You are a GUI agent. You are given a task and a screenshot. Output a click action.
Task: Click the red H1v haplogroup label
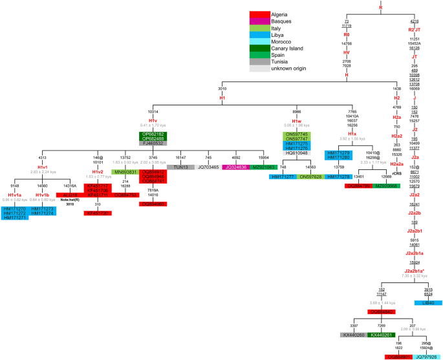point(153,120)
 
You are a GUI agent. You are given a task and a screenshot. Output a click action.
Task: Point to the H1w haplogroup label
point(296,120)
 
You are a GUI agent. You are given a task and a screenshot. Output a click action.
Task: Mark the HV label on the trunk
point(347,52)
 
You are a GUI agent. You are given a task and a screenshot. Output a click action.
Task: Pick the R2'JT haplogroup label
point(415,30)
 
